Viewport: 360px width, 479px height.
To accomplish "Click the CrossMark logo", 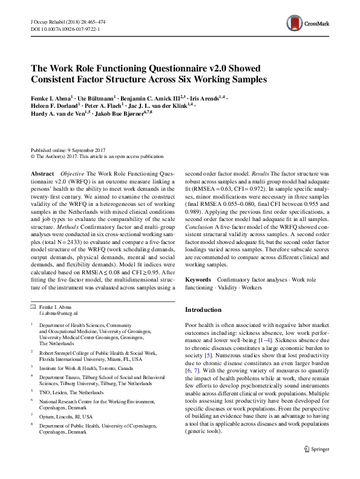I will pyautogui.click(x=307, y=25).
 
